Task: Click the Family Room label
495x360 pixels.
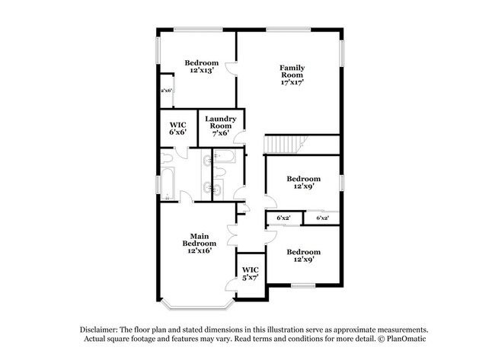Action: point(292,72)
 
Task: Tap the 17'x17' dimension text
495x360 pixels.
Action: point(292,82)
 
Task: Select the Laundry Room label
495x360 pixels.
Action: point(221,122)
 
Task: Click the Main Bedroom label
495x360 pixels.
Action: point(200,240)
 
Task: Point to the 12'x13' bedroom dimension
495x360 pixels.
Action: point(202,70)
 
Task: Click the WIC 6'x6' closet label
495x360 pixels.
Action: point(177,129)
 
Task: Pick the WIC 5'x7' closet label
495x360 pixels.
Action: point(251,274)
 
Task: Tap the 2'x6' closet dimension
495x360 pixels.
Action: point(166,91)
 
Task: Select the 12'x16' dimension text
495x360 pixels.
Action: point(200,251)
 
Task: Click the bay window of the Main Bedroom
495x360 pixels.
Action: point(198,305)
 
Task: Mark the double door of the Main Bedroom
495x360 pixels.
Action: point(232,235)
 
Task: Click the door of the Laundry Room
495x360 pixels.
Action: point(240,138)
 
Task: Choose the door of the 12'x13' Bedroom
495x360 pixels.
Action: point(230,68)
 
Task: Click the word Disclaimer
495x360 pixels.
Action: point(99,330)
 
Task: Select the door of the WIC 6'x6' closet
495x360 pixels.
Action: point(181,153)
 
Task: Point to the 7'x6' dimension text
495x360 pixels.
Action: point(221,133)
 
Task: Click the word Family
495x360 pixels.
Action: point(292,68)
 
